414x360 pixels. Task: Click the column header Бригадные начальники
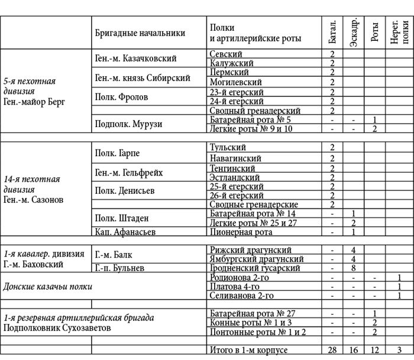[x=140, y=33]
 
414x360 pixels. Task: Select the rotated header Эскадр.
[x=353, y=33]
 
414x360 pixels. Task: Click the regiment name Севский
[x=226, y=54]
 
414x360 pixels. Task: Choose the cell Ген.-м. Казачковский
[x=135, y=59]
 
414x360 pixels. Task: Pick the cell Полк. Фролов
[x=121, y=97]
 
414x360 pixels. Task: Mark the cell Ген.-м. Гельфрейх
[x=128, y=173]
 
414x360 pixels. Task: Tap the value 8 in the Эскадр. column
[x=353, y=268]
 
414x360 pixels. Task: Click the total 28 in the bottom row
[x=332, y=350]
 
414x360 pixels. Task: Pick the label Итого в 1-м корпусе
[x=248, y=350]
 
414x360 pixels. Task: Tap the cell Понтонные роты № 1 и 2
[x=258, y=332]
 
